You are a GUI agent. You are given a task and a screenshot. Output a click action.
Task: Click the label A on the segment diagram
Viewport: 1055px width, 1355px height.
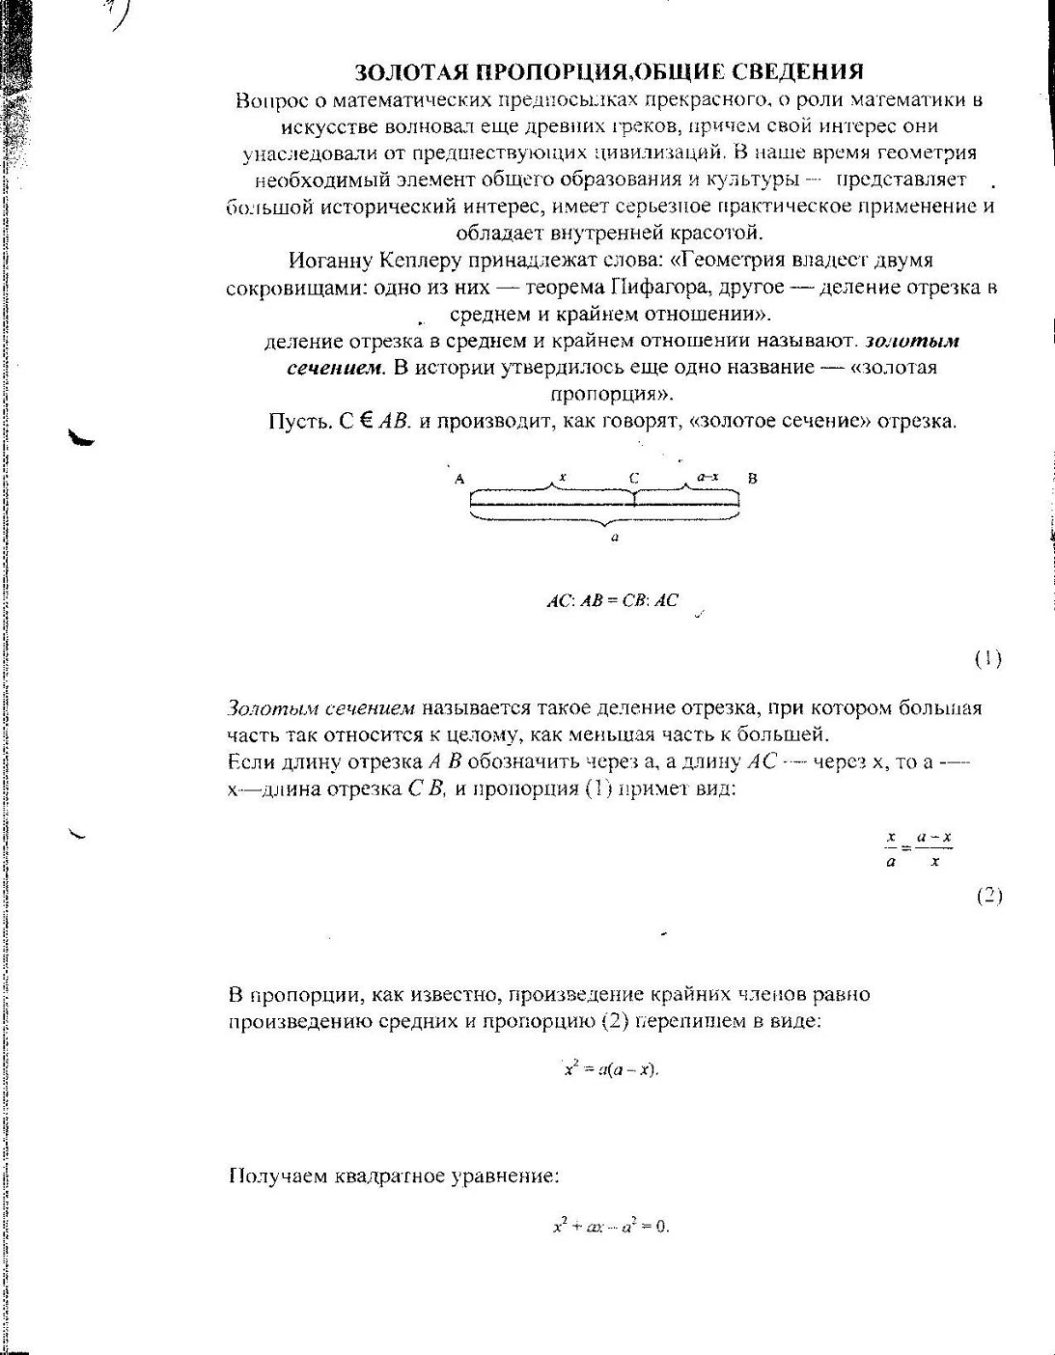[459, 479]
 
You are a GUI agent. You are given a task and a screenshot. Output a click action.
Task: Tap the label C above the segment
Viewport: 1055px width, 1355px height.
[633, 479]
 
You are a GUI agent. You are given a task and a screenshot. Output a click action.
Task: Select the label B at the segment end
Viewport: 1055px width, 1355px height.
[753, 479]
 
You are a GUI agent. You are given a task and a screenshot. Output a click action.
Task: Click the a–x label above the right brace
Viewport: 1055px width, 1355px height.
[708, 477]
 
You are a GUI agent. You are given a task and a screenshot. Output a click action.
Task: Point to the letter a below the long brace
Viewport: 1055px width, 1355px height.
[615, 538]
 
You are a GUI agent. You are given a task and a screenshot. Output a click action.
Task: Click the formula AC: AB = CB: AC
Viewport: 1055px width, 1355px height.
[612, 600]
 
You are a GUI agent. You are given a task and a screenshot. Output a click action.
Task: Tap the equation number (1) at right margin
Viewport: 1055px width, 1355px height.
[987, 659]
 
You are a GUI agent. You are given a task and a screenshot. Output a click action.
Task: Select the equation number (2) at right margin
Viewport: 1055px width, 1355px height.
[989, 896]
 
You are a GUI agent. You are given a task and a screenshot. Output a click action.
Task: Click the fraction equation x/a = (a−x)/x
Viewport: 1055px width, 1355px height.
[919, 849]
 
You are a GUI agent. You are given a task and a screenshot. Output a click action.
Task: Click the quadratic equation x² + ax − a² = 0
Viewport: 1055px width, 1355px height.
[610, 1227]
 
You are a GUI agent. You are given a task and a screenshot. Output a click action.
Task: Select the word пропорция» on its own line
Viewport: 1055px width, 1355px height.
[612, 395]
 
